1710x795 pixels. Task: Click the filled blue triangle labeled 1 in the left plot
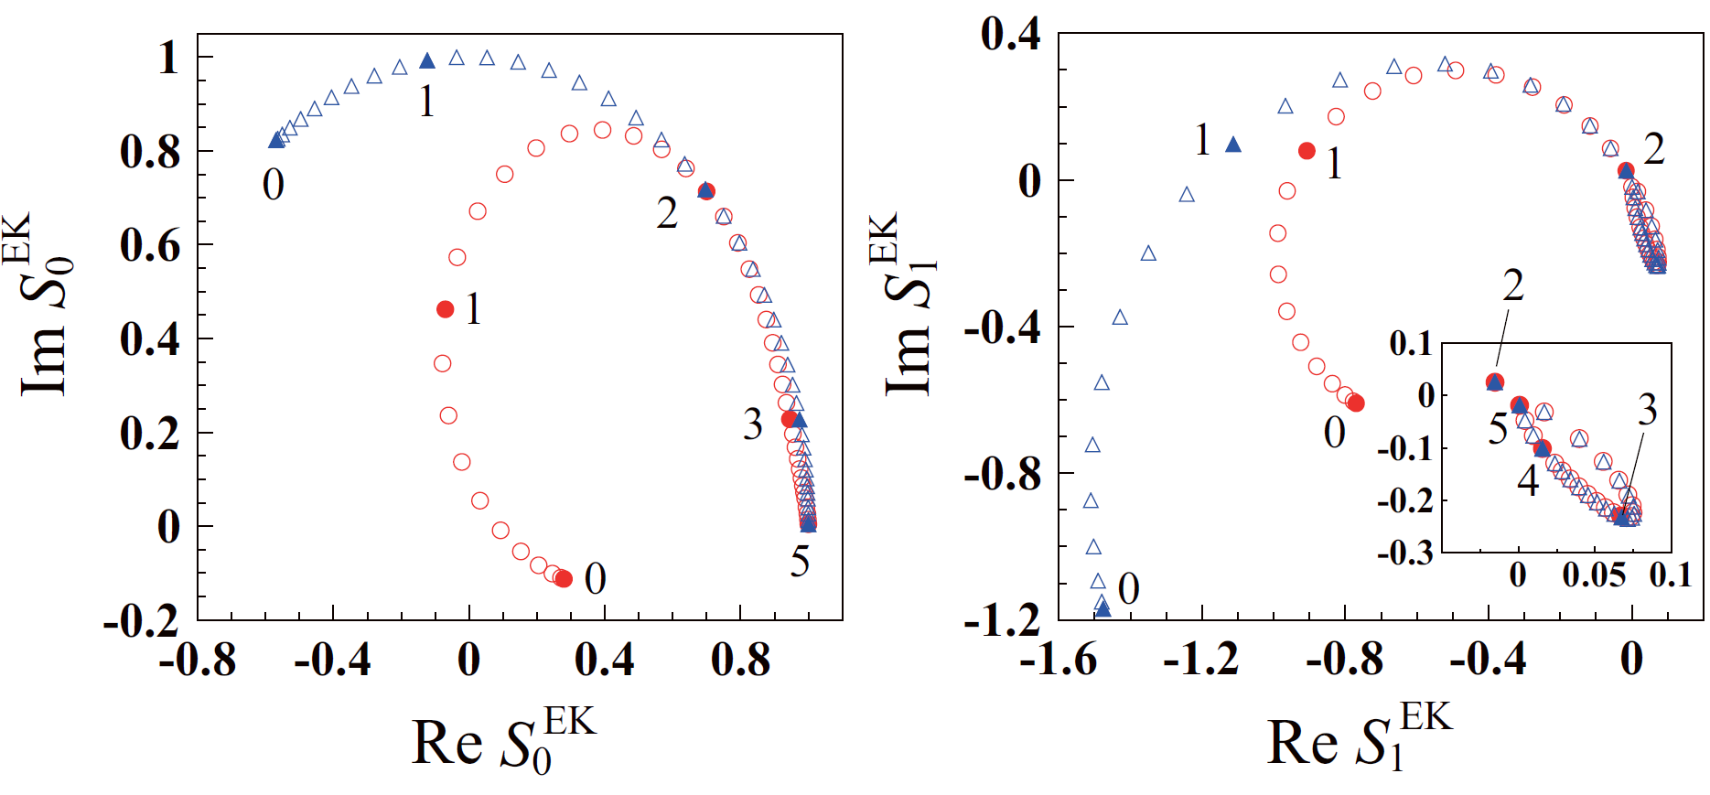tap(427, 61)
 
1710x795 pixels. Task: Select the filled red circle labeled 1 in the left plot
tap(446, 309)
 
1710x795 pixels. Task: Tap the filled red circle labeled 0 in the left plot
tap(564, 578)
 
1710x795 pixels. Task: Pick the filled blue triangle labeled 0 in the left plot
tap(276, 140)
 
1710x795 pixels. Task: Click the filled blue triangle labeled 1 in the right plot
tap(1233, 145)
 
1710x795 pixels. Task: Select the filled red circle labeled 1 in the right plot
tap(1307, 151)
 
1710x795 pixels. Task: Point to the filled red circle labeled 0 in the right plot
tap(1356, 403)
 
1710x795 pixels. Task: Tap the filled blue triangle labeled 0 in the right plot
tap(1103, 608)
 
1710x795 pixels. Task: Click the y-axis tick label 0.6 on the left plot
tap(150, 245)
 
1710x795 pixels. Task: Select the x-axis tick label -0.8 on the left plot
tap(198, 660)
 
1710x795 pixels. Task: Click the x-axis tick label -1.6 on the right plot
tap(1059, 660)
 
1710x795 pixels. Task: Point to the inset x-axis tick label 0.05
tap(1594, 575)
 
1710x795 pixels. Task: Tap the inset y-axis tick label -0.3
tap(1405, 553)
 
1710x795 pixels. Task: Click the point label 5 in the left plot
tap(800, 562)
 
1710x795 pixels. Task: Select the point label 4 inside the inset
tap(1528, 480)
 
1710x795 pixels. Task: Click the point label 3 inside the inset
tap(1647, 410)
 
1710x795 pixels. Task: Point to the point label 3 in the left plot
tap(752, 424)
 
